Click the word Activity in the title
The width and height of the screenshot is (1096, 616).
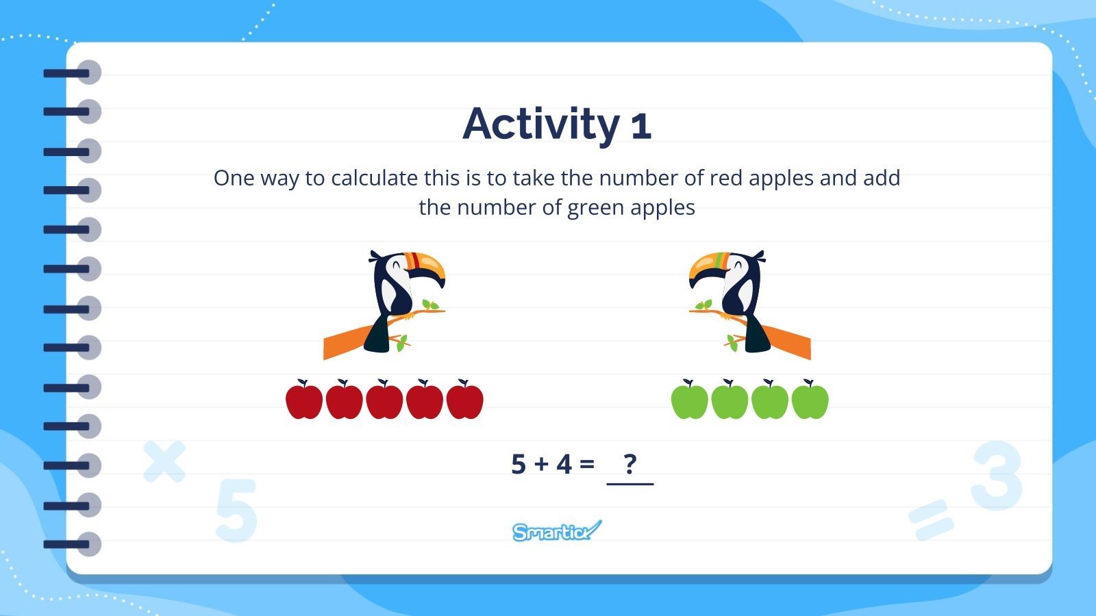(x=541, y=125)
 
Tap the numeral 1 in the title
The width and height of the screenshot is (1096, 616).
(x=641, y=127)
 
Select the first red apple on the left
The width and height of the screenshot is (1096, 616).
(x=304, y=400)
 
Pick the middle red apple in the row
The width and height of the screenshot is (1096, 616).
(x=384, y=400)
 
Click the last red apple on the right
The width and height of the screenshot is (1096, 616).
(x=464, y=400)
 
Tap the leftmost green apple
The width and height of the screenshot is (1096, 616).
(x=689, y=400)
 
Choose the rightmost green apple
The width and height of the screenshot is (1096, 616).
(x=810, y=400)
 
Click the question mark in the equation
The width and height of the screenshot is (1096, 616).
(x=630, y=464)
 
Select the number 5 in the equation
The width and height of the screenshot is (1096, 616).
(x=519, y=464)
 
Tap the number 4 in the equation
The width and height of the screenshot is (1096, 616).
(x=564, y=464)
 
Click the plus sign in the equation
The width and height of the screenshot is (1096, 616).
(x=541, y=465)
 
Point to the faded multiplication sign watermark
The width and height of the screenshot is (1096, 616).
(x=164, y=461)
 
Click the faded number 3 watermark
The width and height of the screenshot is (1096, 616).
(x=997, y=476)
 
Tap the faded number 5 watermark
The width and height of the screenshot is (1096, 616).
(x=236, y=511)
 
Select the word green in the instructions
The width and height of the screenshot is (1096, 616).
(x=596, y=207)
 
